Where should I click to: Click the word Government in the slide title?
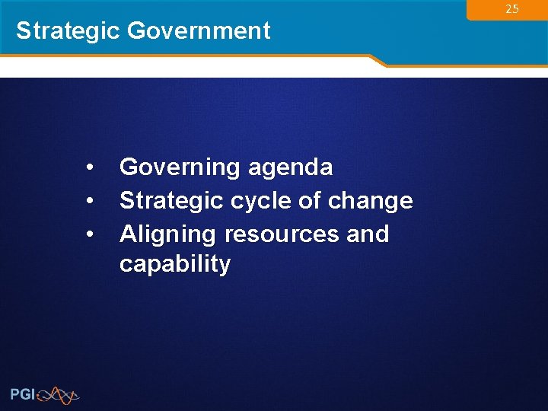click(199, 30)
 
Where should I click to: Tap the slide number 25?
click(512, 9)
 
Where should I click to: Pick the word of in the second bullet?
click(310, 201)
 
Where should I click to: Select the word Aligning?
click(164, 234)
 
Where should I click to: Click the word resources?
click(281, 234)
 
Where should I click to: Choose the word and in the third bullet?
click(368, 234)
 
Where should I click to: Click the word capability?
click(175, 265)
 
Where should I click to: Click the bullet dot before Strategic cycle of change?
click(90, 201)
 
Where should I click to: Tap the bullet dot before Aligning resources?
click(90, 234)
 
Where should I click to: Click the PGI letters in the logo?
click(22, 393)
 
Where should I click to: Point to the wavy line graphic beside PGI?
click(58, 394)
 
